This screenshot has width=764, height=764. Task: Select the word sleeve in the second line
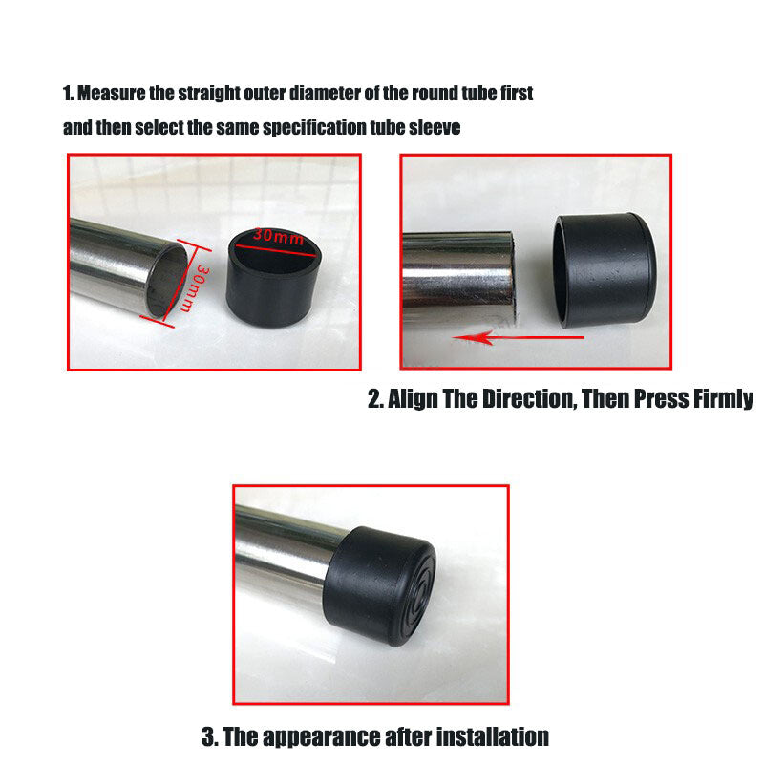click(436, 128)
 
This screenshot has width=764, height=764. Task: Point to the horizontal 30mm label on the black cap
click(279, 235)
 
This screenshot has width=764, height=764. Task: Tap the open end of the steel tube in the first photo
click(163, 280)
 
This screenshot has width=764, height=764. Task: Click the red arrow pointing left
click(492, 336)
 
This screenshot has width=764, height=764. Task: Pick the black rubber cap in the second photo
click(605, 271)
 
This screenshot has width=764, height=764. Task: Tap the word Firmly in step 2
click(721, 399)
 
